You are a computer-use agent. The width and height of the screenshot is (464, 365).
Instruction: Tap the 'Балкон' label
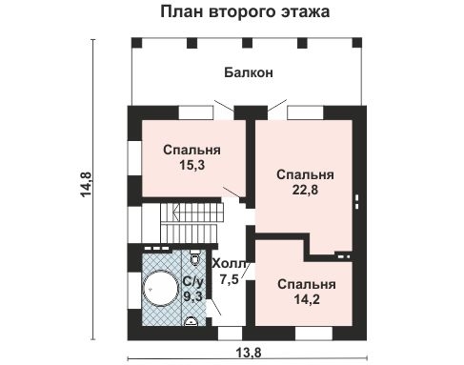coord(250,71)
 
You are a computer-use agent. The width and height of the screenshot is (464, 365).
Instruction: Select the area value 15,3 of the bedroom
coord(192,165)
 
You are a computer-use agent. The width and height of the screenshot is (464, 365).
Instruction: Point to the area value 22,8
coord(305,190)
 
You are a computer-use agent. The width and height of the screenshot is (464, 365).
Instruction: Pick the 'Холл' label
coord(229,264)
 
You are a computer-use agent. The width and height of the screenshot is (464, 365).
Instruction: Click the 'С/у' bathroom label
coord(193,281)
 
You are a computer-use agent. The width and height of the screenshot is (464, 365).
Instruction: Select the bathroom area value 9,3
coord(192,296)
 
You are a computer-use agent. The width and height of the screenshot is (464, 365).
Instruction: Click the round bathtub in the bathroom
coord(159,287)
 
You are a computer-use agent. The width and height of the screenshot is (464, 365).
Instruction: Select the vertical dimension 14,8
coord(86,188)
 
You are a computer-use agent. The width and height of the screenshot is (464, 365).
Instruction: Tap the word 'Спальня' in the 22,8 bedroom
coord(305,174)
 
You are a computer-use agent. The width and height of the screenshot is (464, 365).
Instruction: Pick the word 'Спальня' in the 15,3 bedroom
coord(192,150)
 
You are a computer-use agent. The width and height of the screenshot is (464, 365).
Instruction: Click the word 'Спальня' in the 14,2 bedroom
coord(306,284)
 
